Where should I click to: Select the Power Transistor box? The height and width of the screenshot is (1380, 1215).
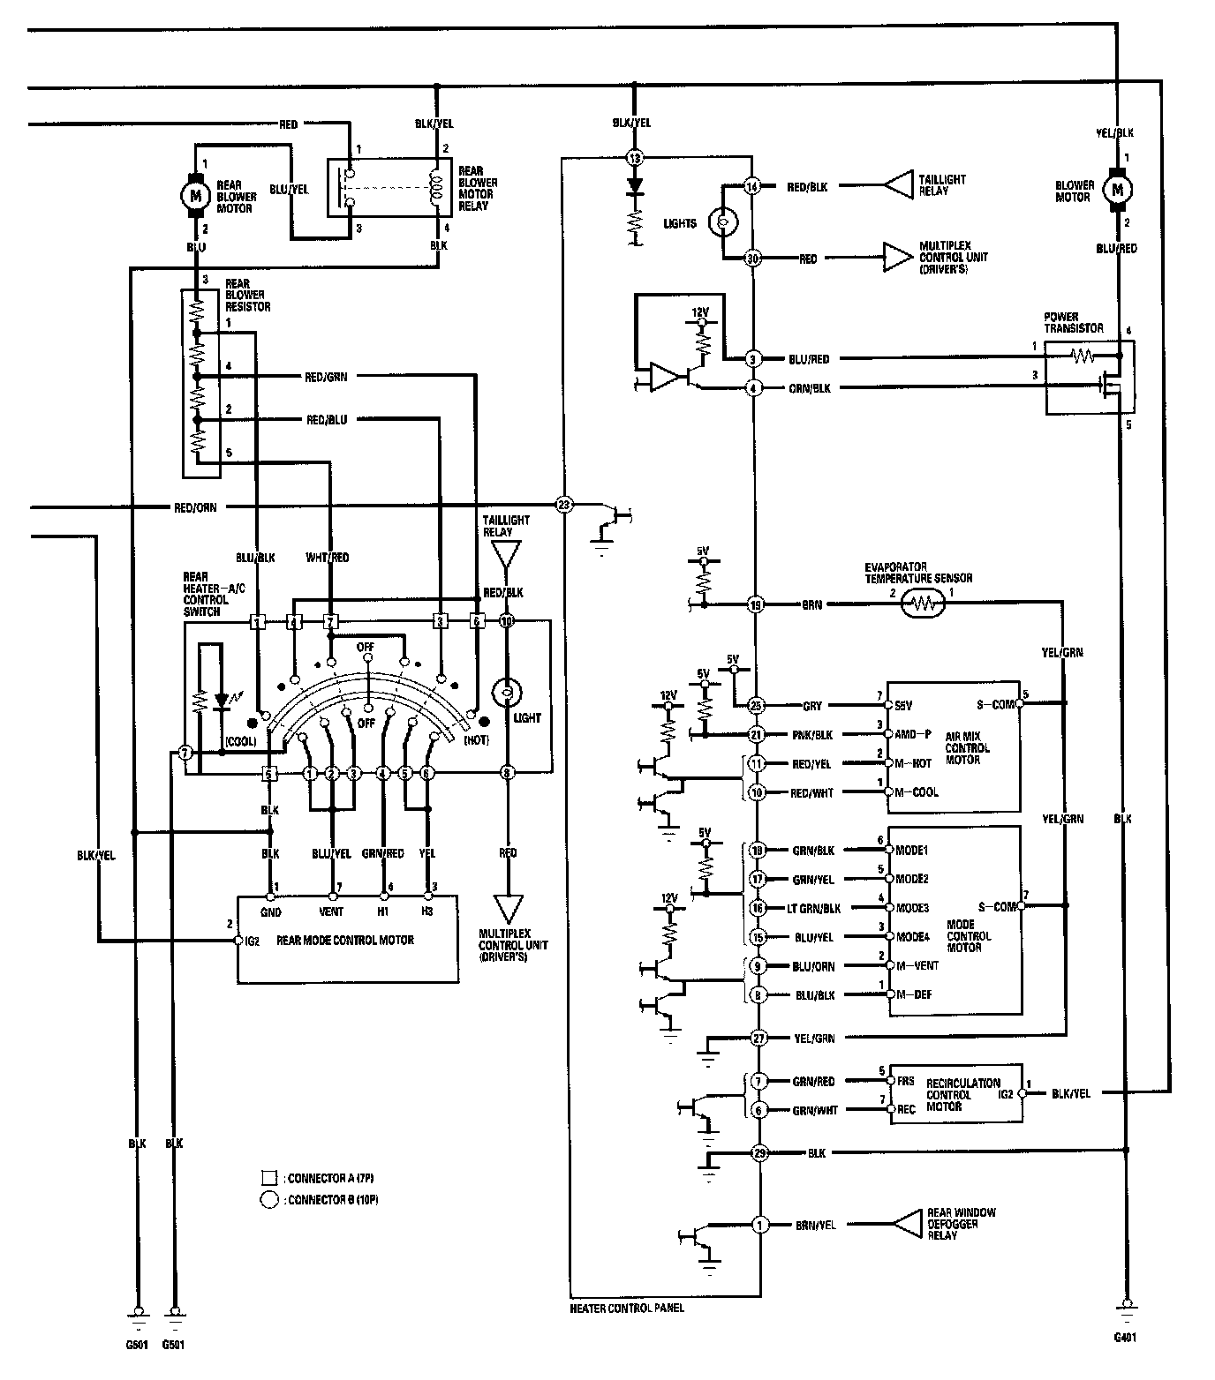[x=1089, y=378]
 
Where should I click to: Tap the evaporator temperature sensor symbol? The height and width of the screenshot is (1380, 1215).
[x=923, y=604]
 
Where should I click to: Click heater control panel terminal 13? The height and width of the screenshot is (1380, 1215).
[x=634, y=158]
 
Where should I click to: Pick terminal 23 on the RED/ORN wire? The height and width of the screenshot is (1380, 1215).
[x=564, y=506]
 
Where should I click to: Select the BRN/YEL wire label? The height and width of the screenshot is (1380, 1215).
[x=816, y=1225]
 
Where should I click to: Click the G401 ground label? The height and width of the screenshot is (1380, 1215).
[x=1124, y=1338]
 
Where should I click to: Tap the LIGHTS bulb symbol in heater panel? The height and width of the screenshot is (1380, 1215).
[x=724, y=223]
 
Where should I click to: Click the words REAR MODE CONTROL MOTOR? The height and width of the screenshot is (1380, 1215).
[x=345, y=941]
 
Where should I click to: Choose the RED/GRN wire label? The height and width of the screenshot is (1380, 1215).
[x=326, y=377]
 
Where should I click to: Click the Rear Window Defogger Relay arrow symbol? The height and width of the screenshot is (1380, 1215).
[x=907, y=1224]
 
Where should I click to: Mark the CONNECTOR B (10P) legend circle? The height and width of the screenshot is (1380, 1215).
[x=269, y=1200]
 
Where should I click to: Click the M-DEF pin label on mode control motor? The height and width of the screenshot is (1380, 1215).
[x=912, y=995]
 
